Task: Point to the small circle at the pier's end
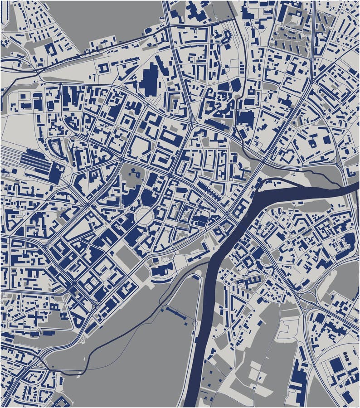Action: coord(195,324)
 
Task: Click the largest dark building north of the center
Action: coord(149,79)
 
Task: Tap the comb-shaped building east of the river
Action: coord(247,281)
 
